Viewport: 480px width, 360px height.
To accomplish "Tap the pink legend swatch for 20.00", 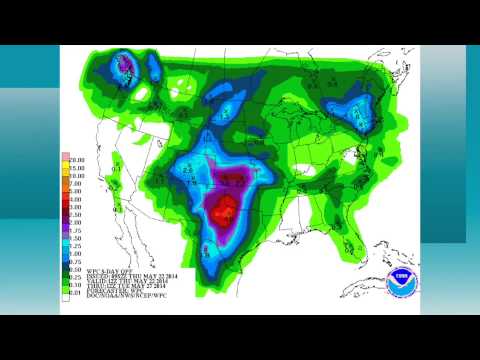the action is pos(65,158).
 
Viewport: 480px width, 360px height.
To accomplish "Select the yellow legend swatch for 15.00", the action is pos(65,165).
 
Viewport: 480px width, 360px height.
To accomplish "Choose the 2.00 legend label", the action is pos(78,223).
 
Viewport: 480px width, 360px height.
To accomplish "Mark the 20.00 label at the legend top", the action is pos(78,158).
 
